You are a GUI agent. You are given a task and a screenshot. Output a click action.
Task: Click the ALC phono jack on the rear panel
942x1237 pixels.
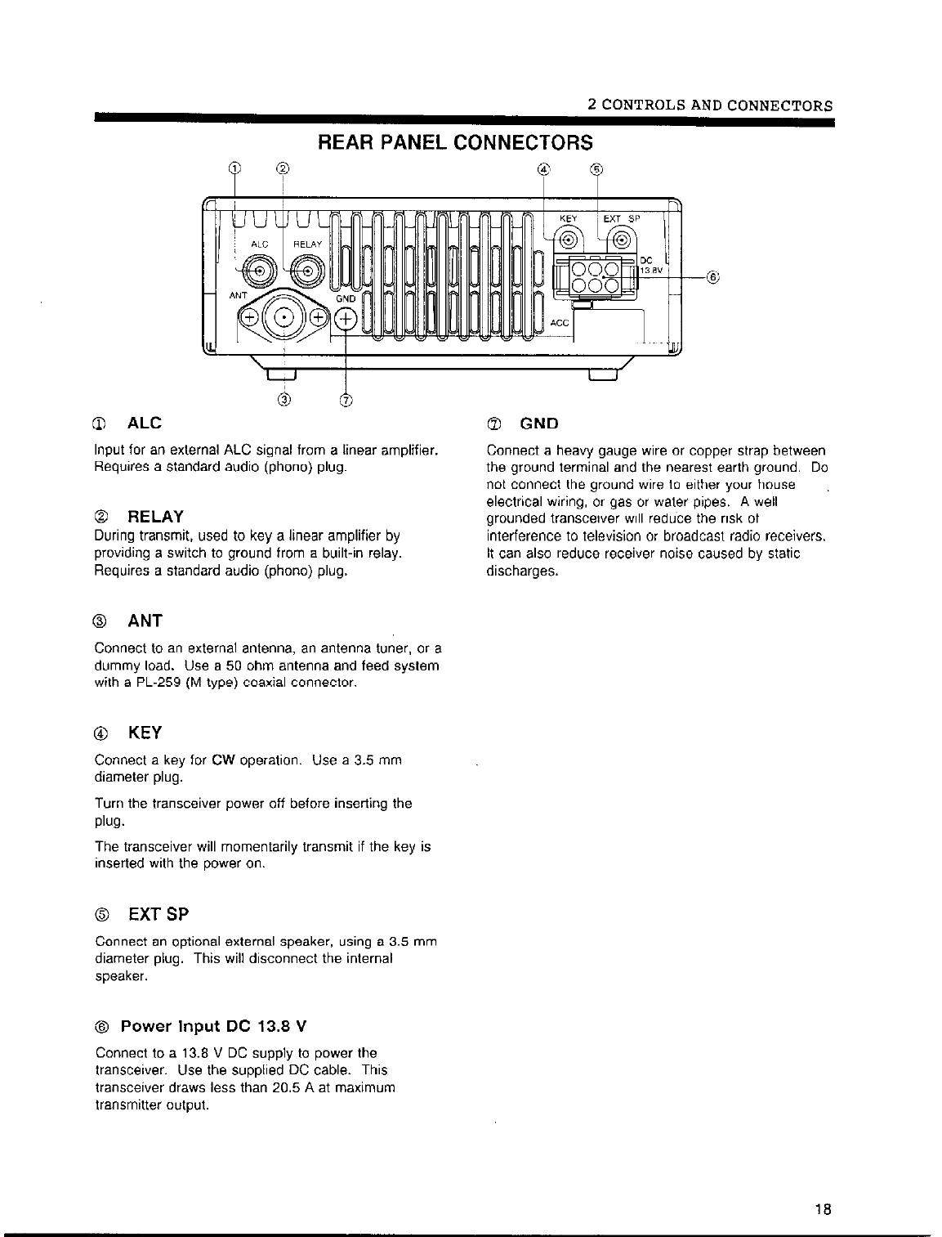[260, 271]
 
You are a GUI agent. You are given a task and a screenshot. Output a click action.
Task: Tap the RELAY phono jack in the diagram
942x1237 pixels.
[307, 271]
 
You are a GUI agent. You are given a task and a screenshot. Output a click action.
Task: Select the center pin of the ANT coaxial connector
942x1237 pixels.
[283, 317]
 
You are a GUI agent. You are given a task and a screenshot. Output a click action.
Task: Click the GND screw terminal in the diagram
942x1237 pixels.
[346, 319]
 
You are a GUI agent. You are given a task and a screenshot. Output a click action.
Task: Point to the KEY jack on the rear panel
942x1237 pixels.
[567, 240]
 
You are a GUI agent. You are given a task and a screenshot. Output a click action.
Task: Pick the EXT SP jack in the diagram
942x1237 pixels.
[623, 240]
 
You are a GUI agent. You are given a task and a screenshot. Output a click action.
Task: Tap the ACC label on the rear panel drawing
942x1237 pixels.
[560, 324]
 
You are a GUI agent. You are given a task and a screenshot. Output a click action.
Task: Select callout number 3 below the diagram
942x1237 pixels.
[283, 400]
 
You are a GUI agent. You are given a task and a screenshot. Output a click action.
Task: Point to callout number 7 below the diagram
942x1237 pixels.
[346, 400]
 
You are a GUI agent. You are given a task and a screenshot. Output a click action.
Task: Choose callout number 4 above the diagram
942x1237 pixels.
[544, 170]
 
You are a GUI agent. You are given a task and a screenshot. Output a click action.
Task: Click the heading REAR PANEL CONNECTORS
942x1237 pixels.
[454, 142]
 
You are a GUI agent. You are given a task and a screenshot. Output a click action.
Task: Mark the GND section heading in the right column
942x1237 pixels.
[539, 424]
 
